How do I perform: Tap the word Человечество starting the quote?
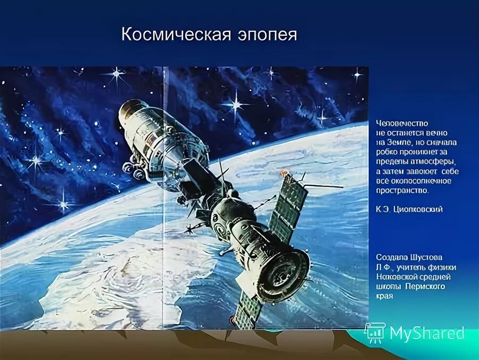pyautogui.click(x=402, y=123)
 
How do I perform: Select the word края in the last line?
pyautogui.click(x=384, y=296)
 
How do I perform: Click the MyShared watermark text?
pyautogui.click(x=427, y=333)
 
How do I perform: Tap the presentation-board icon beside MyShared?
pyautogui.click(x=375, y=333)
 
